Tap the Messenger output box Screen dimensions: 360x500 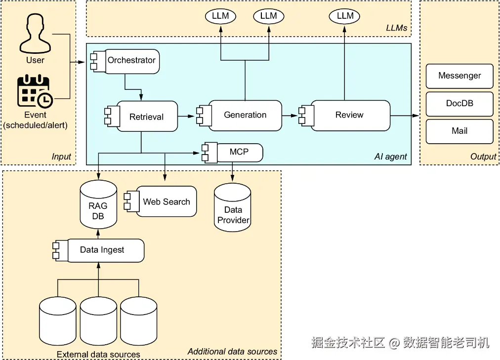click(x=459, y=76)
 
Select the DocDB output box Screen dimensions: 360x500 click(x=459, y=104)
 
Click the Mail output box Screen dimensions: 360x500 click(x=459, y=131)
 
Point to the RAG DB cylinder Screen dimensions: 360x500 click(x=98, y=205)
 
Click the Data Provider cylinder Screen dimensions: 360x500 click(x=233, y=209)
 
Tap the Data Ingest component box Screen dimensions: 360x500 click(x=102, y=250)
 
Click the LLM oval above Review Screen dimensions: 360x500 click(x=345, y=16)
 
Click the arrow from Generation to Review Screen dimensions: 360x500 click(x=291, y=116)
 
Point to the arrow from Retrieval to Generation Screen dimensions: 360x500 click(x=187, y=117)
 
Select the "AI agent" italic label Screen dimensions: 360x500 click(x=390, y=157)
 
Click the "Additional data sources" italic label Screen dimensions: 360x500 click(x=232, y=352)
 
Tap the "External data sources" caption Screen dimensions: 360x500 click(x=98, y=354)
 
